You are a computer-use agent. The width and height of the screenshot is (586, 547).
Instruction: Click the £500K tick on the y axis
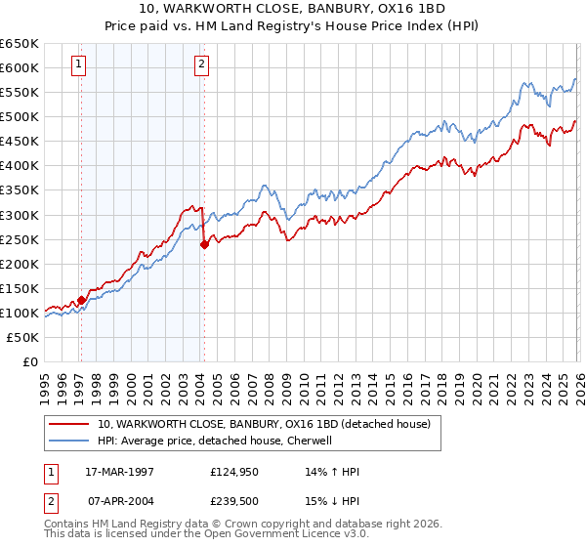[x=20, y=117]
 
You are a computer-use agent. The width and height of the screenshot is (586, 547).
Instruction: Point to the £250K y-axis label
[x=20, y=239]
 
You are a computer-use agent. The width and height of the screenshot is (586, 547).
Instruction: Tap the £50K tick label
[x=23, y=337]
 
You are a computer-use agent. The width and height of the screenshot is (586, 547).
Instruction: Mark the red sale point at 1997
[x=81, y=300]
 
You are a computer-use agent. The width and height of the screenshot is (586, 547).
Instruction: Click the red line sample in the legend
[x=68, y=425]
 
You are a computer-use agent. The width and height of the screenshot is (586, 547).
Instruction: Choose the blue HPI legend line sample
[x=68, y=441]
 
